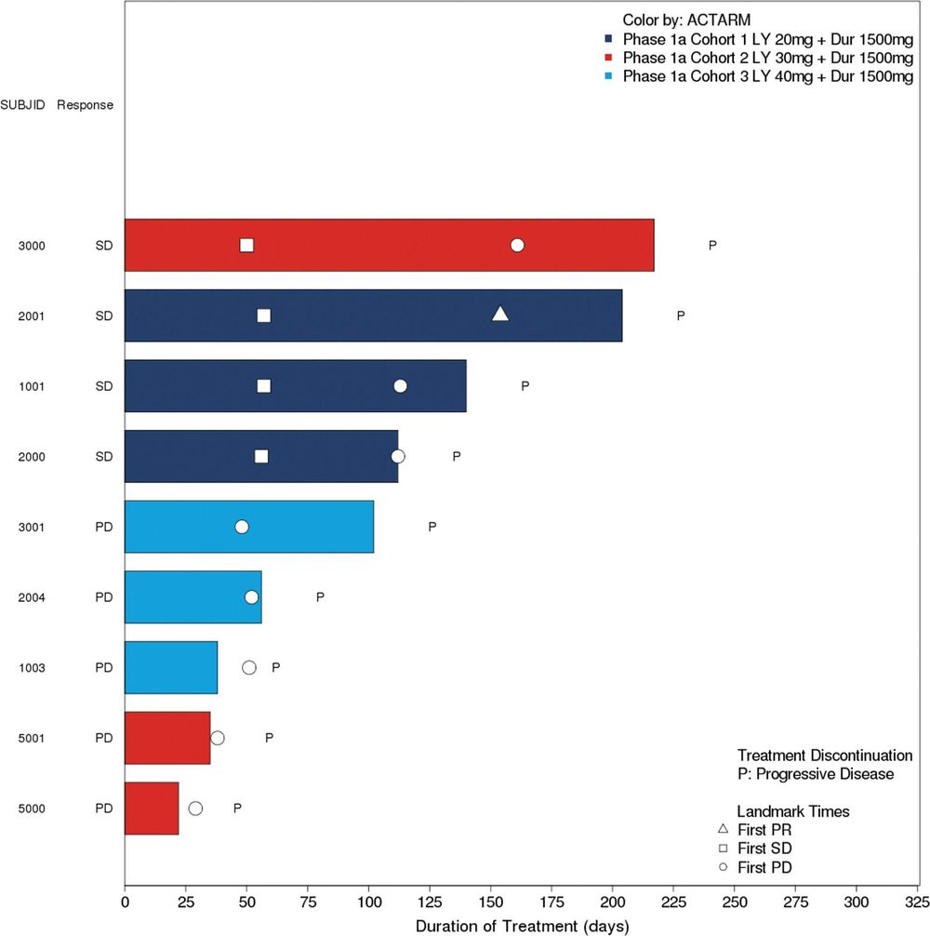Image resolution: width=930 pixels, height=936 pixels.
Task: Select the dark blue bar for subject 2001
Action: point(373,315)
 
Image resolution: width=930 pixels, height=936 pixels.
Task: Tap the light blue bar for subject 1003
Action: point(171,667)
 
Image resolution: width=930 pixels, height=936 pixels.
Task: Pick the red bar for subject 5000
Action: point(152,809)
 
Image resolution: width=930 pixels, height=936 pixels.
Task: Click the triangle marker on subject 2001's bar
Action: point(500,314)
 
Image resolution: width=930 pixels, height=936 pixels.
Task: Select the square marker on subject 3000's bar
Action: point(246,246)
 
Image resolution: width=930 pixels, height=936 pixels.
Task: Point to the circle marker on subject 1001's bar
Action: point(400,386)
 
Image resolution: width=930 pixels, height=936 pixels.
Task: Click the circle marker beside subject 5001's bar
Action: point(218,738)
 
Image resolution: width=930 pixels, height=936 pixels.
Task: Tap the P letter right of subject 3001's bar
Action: point(432,527)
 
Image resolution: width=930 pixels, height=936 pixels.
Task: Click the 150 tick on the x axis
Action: point(491,903)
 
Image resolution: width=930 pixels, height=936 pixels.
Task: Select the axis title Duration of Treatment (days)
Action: point(522,927)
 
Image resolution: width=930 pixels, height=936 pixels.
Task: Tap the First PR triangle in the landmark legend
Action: point(723,829)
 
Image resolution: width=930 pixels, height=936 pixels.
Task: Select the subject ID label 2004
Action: point(31,597)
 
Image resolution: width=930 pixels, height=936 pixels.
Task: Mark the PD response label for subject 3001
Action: point(103,527)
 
